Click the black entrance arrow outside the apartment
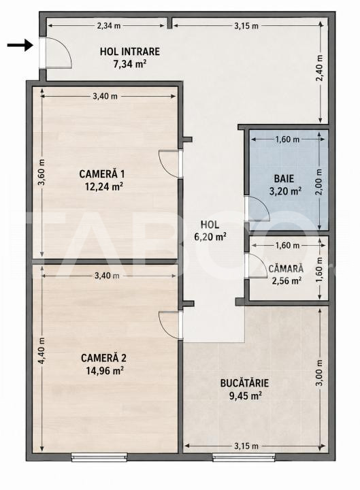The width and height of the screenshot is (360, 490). tap(20, 46)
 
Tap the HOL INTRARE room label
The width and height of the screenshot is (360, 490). tap(130, 51)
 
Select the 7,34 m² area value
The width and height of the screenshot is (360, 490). tap(130, 64)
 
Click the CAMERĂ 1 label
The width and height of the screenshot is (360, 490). tap(102, 174)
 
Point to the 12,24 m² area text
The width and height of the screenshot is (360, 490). tap(103, 186)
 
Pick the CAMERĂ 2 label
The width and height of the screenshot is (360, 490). tap(103, 358)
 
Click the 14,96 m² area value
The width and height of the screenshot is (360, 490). tap(105, 371)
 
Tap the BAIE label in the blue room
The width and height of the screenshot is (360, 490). tap(284, 178)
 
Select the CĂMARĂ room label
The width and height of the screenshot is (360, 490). tap(286, 268)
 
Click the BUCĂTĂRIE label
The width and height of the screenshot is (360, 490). tap(244, 383)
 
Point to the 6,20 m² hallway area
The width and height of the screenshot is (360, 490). tap(210, 237)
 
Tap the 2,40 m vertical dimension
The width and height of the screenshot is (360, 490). tap(320, 68)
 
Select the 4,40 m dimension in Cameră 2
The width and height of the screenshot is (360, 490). tap(42, 350)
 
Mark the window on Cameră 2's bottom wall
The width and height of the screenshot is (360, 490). tap(99, 457)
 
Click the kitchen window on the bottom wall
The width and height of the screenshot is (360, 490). tap(244, 457)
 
